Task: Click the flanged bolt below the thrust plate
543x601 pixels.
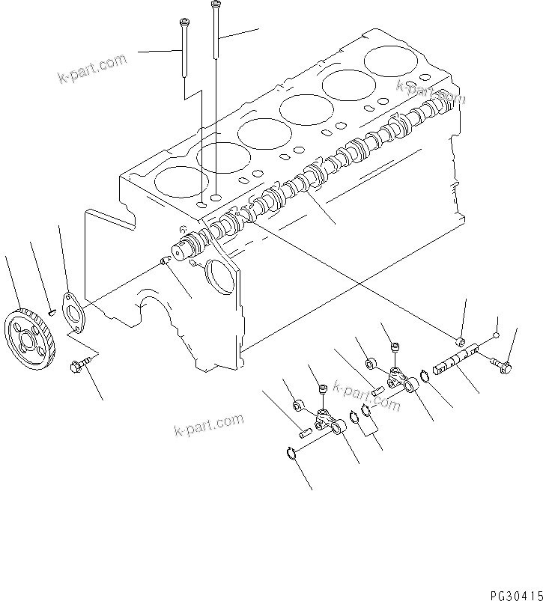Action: point(79,365)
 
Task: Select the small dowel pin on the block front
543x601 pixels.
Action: point(166,260)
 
